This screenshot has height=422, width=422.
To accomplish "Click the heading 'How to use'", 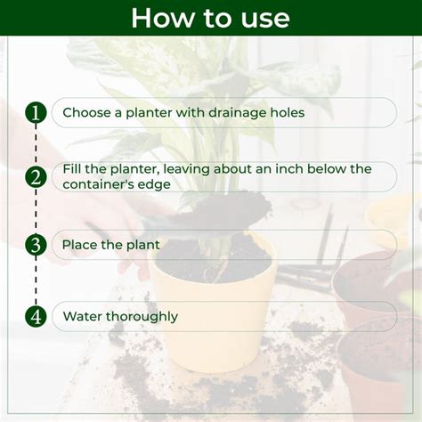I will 210,18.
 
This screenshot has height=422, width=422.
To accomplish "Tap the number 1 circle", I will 36,113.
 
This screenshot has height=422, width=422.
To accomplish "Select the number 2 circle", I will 36,177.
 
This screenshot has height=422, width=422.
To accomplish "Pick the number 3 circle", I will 36,245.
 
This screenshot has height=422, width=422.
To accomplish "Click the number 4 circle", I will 36,316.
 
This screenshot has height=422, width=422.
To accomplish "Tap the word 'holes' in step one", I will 285,113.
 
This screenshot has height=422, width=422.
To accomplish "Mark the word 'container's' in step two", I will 97,184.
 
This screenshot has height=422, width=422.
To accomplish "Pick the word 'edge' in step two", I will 153,185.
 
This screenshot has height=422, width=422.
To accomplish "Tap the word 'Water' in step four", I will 82,316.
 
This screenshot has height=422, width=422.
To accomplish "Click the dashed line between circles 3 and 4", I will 36,280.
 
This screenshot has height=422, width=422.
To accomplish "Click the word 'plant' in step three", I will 142,245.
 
